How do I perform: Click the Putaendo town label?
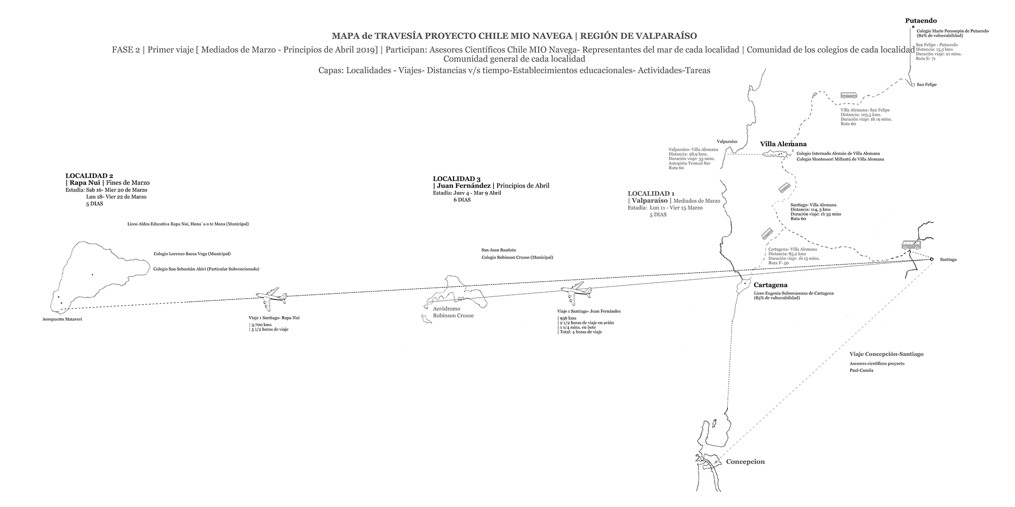[921, 21]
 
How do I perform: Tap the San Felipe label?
[927, 85]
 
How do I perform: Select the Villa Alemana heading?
[783, 144]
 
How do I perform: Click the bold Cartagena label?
[771, 285]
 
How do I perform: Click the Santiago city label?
[948, 260]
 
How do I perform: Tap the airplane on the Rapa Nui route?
[272, 296]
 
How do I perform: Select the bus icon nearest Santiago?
[911, 245]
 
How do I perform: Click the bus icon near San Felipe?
[848, 95]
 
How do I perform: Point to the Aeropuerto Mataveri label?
[65, 320]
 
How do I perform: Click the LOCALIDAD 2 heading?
[89, 176]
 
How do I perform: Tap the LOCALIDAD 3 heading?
[456, 179]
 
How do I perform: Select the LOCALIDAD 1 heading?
[651, 193]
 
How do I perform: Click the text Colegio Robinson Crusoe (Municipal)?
[517, 257]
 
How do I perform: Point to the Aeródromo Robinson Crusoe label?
[453, 312]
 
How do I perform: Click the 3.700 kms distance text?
[262, 324]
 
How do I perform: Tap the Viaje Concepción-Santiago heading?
[886, 354]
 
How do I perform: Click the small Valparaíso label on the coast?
[726, 141]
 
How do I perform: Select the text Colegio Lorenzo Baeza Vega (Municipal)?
[192, 254]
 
